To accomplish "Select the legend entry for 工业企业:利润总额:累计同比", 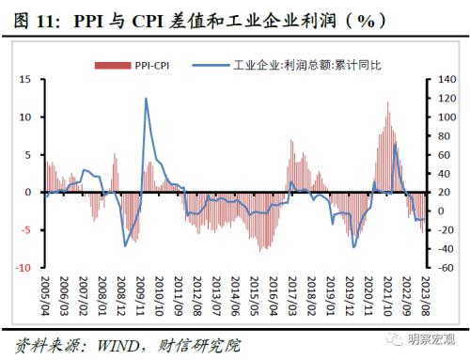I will pos(287,65).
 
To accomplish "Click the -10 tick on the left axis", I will pos(25,267).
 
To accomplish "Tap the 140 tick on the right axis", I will pos(448,80).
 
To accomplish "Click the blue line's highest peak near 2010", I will pos(146,99).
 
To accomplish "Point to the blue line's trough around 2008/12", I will pos(126,246).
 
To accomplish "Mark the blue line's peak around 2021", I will pos(395,145).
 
